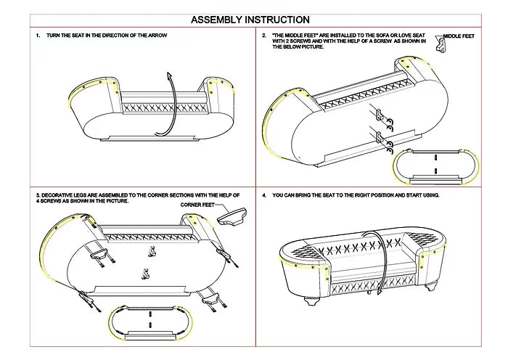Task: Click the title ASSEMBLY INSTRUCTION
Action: point(250,20)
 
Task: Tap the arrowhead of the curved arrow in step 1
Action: point(169,75)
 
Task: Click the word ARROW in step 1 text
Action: point(159,35)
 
